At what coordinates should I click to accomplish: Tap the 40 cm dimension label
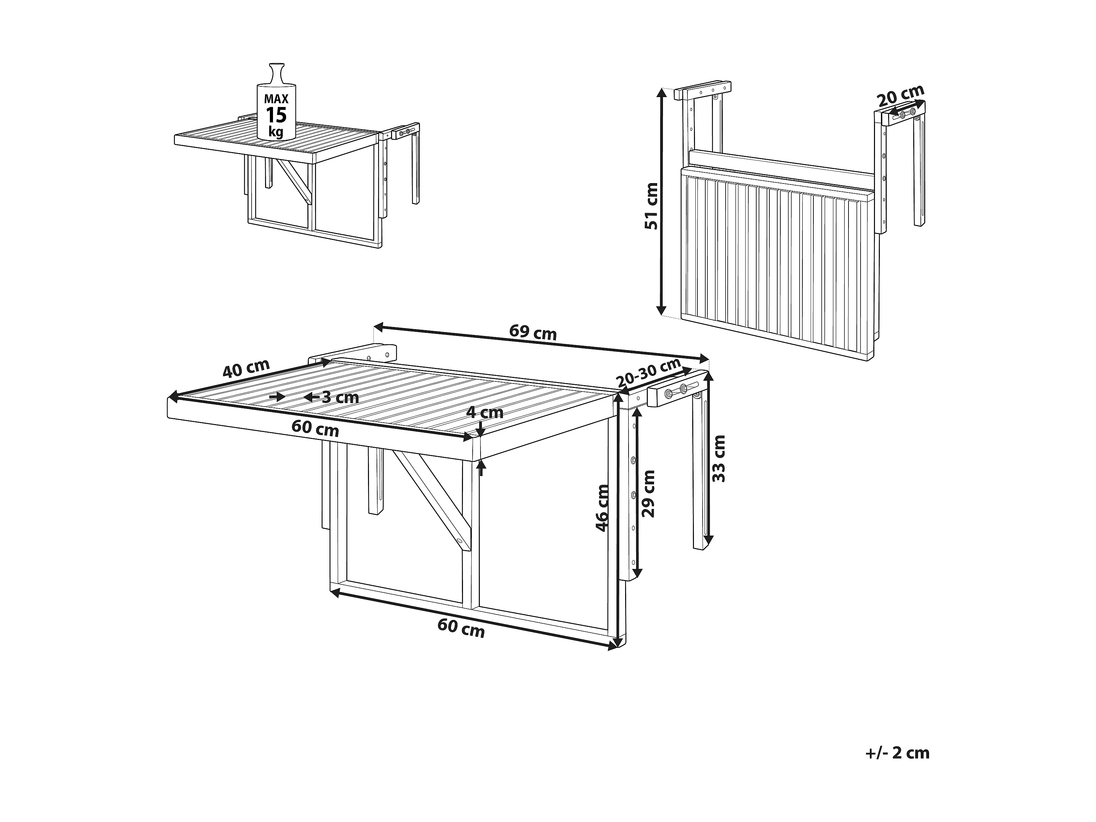pos(246,368)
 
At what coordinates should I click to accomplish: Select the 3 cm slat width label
pos(340,397)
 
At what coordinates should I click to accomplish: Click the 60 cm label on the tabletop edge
pos(315,428)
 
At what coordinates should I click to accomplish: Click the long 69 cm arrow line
pos(541,343)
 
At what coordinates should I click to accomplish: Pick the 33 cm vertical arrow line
pos(709,458)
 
